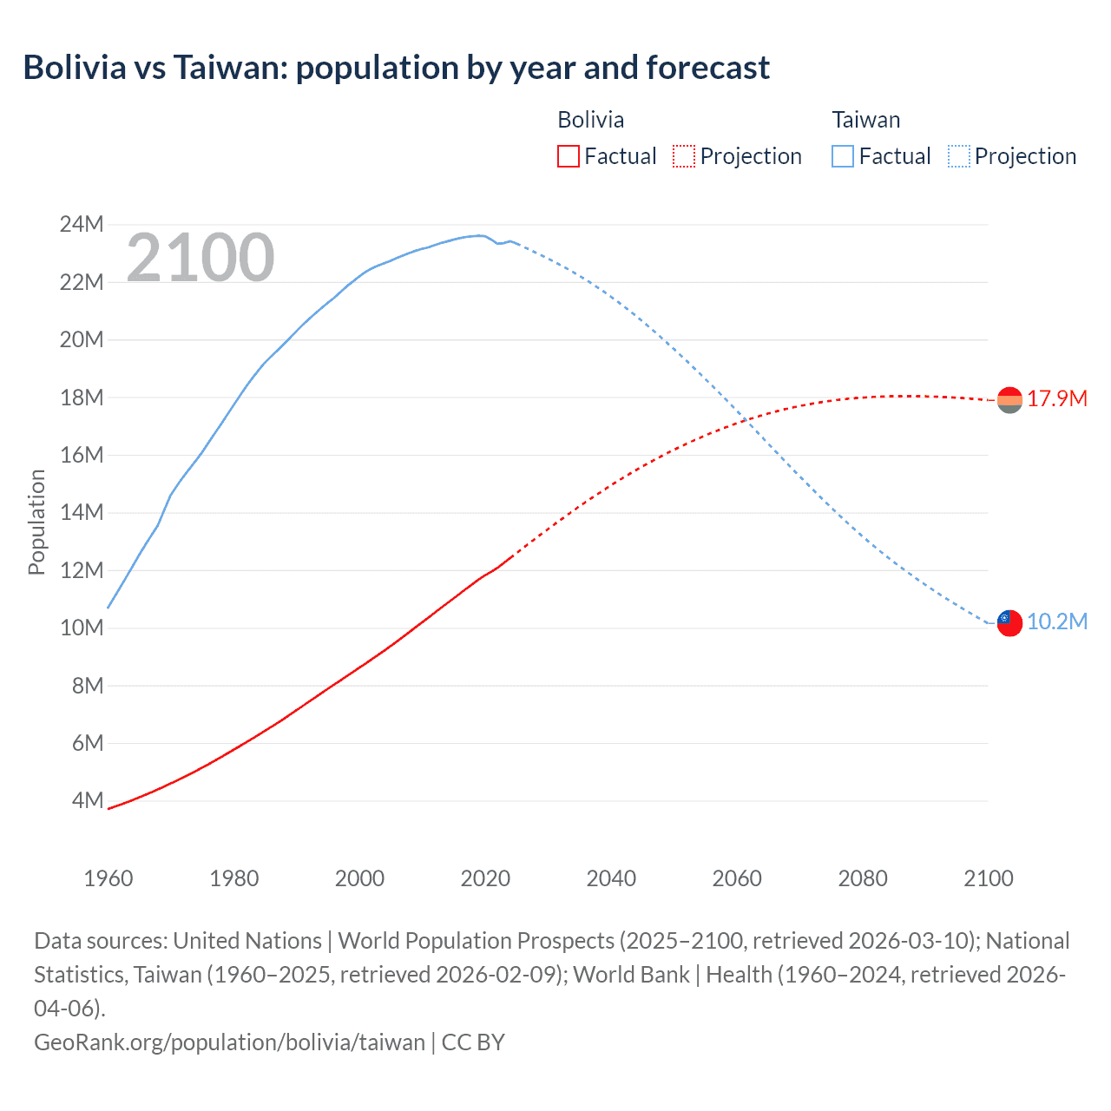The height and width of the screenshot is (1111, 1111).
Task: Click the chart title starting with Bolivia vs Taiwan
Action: tap(396, 68)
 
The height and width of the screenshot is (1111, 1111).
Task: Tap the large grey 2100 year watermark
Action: tap(201, 258)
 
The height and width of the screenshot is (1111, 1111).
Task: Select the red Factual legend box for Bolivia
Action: tap(568, 156)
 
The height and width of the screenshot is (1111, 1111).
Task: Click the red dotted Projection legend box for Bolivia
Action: tap(684, 156)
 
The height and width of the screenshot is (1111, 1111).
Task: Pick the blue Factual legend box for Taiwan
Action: tap(842, 156)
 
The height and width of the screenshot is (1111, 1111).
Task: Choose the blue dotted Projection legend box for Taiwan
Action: tap(958, 156)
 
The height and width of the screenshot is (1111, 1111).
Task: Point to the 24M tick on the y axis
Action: tap(82, 225)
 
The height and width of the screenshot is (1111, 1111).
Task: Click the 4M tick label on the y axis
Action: tap(87, 800)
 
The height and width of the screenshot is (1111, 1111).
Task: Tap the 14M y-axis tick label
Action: tap(82, 512)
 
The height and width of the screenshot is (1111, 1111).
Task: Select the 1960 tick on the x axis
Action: tap(108, 878)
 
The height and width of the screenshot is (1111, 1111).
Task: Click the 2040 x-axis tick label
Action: tap(611, 878)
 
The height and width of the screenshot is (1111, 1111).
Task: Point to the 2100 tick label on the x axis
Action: tap(989, 878)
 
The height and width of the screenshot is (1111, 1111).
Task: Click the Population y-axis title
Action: tap(36, 522)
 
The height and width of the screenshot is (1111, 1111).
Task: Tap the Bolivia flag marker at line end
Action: tap(1009, 399)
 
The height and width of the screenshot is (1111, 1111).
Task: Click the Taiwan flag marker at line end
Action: tap(1009, 622)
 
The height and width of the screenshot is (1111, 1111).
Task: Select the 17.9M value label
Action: tap(1056, 399)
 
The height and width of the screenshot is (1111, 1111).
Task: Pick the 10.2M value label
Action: tap(1056, 622)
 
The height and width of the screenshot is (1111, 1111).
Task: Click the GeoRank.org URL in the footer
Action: tap(229, 1042)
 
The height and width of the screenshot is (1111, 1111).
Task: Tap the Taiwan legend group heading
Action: tap(865, 120)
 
